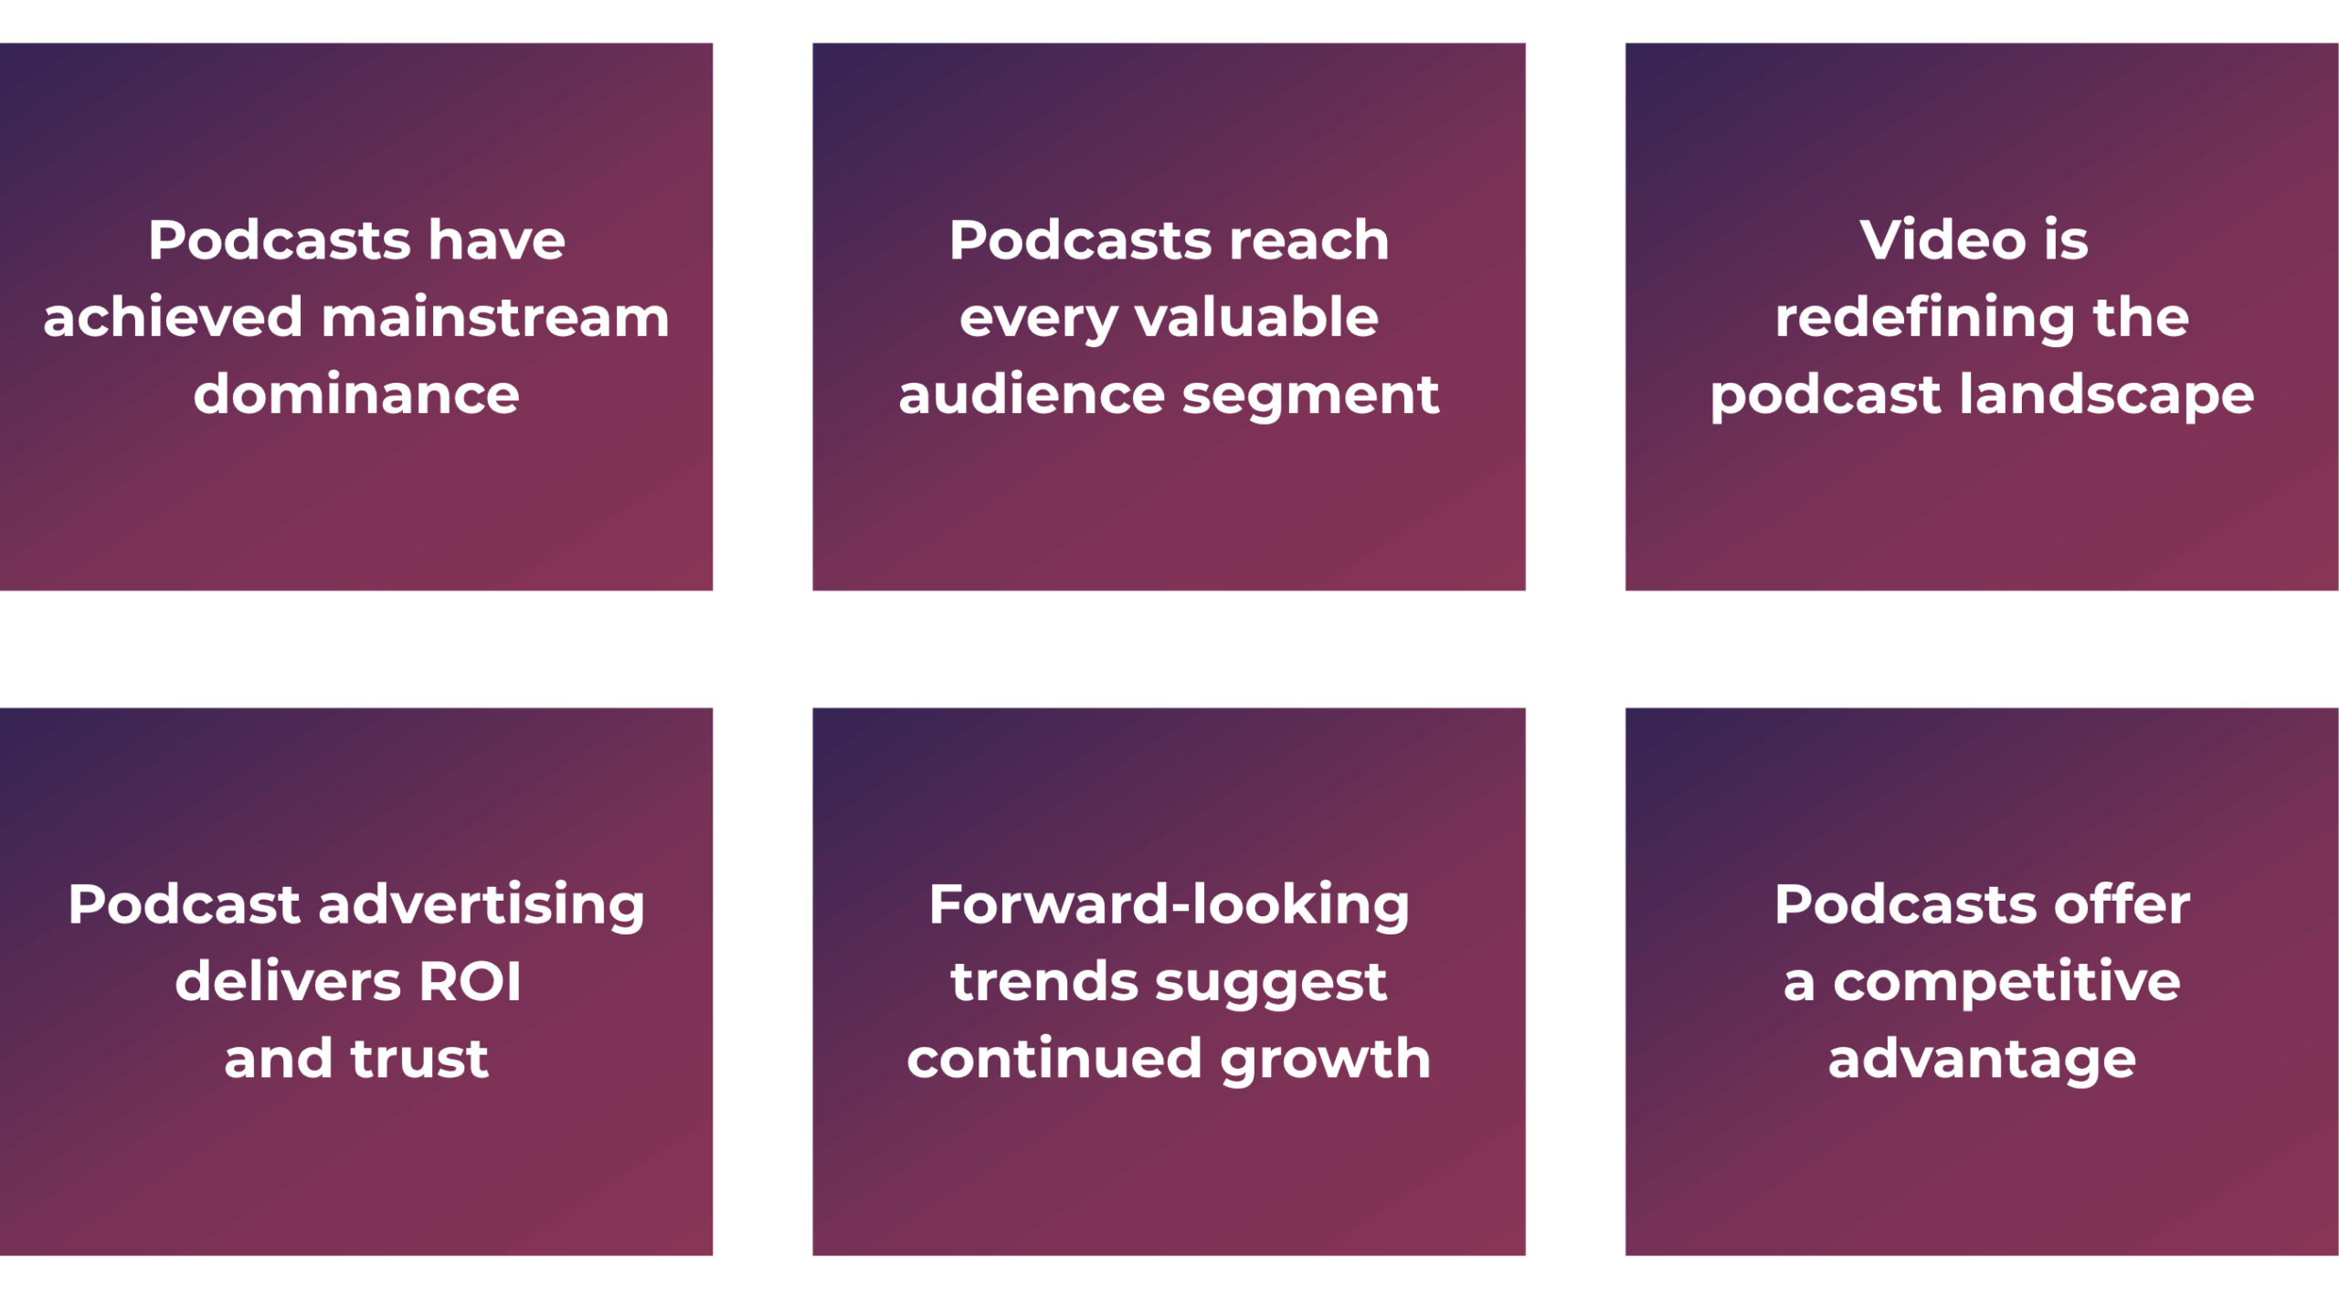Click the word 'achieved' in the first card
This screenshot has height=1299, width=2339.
coord(173,317)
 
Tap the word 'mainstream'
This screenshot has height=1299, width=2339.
coord(495,319)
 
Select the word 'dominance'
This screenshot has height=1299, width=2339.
coord(356,394)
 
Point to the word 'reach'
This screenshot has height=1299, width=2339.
coord(1308,240)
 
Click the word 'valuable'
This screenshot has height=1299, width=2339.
coord(1256,317)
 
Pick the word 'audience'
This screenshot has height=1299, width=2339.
coord(1031,394)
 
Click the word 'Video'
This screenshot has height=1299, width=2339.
coord(1942,240)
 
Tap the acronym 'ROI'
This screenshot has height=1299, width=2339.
coord(470,982)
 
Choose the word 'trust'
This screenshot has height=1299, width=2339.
coord(420,1060)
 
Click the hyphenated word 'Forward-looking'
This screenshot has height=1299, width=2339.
coord(1169,905)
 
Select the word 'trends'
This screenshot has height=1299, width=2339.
coord(1043,983)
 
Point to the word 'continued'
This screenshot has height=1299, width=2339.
coord(1054,1059)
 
